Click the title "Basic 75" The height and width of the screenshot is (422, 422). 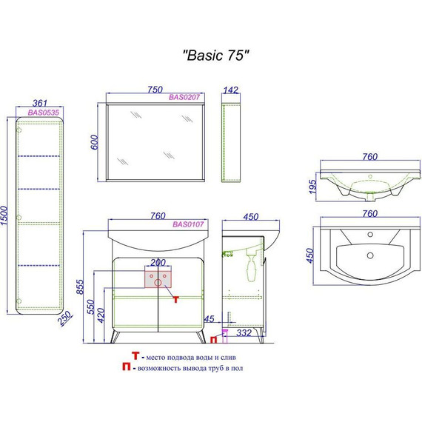[x=215, y=56]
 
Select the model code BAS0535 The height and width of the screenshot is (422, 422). [x=44, y=113]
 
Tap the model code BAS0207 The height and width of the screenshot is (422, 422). [x=184, y=97]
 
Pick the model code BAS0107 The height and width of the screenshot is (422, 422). [x=188, y=224]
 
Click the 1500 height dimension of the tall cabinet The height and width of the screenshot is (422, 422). [x=5, y=216]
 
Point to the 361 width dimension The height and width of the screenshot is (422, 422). [x=40, y=103]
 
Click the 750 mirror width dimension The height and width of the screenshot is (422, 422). [x=155, y=90]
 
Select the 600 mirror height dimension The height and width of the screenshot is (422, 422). [x=95, y=142]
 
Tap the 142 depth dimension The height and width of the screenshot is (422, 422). [x=231, y=90]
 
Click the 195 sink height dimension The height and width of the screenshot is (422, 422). [x=312, y=187]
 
